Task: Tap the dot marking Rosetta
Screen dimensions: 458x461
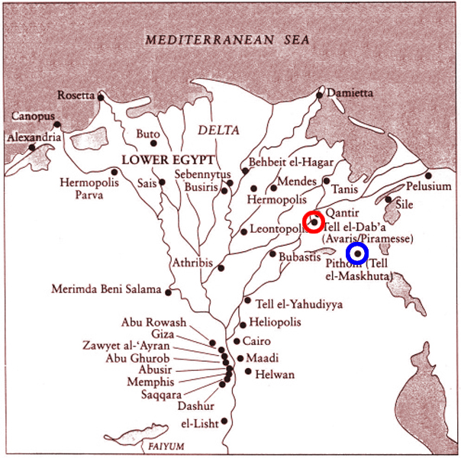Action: click(100, 97)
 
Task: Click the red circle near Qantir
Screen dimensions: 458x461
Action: click(314, 221)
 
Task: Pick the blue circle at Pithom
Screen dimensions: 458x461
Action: click(357, 253)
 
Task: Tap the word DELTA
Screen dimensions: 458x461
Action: click(219, 130)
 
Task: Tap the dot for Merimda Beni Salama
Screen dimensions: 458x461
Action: click(168, 292)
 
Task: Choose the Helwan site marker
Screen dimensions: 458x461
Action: click(249, 372)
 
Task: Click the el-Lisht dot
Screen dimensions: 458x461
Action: click(224, 421)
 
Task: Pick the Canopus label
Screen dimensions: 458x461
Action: click(33, 117)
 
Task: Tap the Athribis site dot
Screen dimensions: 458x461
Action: click(221, 268)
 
